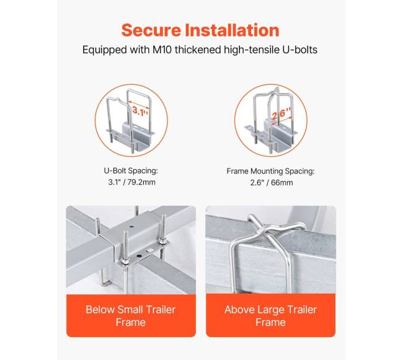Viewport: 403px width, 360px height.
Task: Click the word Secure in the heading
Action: coord(151,30)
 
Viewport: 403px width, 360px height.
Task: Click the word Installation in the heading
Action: coord(232,30)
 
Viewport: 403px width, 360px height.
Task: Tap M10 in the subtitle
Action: coord(162,50)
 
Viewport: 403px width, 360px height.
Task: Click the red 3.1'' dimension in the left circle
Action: coord(140,111)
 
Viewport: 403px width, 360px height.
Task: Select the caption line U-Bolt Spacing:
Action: coord(131,170)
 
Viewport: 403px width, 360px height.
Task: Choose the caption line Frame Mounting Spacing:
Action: coord(270,171)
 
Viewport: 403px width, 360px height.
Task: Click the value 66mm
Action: coord(282,183)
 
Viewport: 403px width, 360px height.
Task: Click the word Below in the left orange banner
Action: coord(100,310)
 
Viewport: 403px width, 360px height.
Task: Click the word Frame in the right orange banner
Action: coord(270,322)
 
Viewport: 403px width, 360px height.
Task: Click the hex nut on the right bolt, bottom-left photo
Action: coord(162,242)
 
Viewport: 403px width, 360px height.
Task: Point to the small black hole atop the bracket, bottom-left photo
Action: coord(131,227)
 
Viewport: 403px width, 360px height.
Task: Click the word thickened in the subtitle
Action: coord(198,50)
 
